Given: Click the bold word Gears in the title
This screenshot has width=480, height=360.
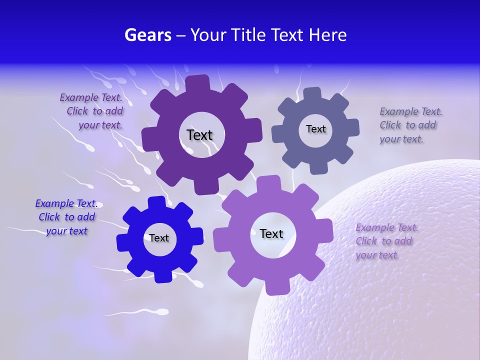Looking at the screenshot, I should coord(147,35).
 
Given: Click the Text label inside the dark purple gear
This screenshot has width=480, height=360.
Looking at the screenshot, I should coord(199,135).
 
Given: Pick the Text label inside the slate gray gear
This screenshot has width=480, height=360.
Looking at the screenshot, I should coord(315,129).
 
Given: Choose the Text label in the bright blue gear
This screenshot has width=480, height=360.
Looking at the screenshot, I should coord(159,238).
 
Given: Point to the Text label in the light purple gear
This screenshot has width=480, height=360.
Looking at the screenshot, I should coord(271,233).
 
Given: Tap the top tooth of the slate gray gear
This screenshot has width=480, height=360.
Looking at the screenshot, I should coord(312,94).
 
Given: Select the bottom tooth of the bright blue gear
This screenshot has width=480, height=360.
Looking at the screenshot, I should coord(162,275).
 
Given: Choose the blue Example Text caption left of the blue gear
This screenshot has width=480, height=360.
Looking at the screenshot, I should coord(66,217).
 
